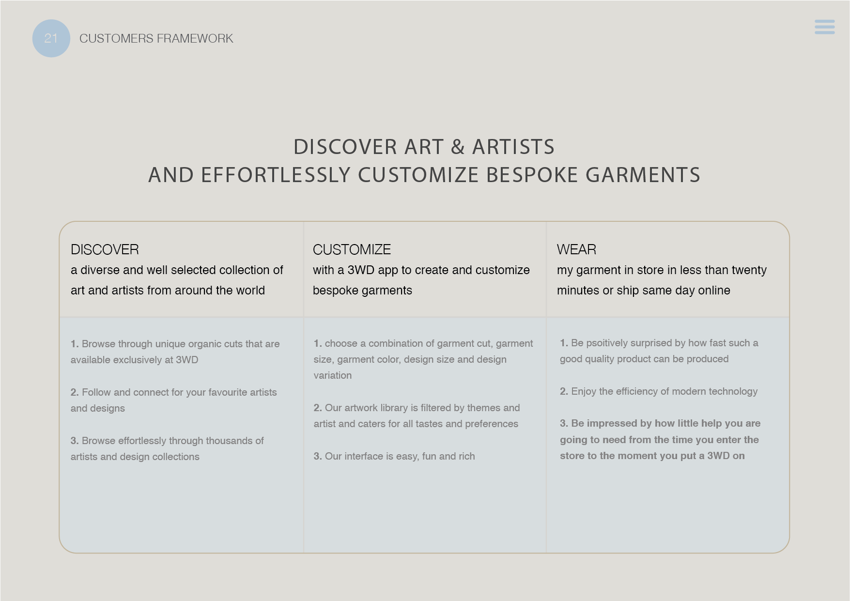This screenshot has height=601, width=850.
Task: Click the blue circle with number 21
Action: click(x=51, y=38)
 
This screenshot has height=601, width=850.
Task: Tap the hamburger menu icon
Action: click(x=824, y=27)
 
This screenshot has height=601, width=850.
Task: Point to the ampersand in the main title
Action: click(x=458, y=147)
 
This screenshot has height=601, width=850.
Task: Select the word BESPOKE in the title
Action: click(x=532, y=175)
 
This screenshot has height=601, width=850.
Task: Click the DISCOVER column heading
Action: click(x=105, y=249)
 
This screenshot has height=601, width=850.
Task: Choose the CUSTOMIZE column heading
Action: click(x=352, y=249)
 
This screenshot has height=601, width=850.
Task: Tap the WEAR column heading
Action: click(x=576, y=249)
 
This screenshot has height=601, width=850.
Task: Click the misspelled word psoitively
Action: click(x=612, y=343)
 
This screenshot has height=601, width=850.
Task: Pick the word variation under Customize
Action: click(x=333, y=375)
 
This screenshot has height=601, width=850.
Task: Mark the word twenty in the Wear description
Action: click(x=750, y=270)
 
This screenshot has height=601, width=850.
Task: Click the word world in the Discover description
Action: click(x=250, y=290)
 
